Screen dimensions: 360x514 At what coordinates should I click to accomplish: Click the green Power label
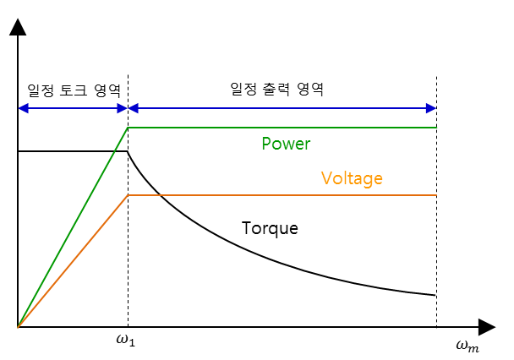pyautogui.click(x=286, y=144)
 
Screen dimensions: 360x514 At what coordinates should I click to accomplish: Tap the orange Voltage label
pyautogui.click(x=352, y=178)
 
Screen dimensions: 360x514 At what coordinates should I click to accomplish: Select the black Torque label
pyautogui.click(x=270, y=228)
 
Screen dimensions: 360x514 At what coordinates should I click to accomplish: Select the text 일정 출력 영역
pyautogui.click(x=276, y=88)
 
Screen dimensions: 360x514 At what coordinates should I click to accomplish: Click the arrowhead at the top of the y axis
pyautogui.click(x=17, y=28)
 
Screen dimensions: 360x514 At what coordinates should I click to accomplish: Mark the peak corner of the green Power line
pyautogui.click(x=128, y=128)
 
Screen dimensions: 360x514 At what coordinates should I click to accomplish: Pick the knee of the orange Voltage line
pyautogui.click(x=128, y=195)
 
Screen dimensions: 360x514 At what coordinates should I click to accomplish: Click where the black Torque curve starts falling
pyautogui.click(x=128, y=152)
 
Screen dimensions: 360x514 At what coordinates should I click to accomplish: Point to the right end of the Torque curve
pyautogui.click(x=436, y=296)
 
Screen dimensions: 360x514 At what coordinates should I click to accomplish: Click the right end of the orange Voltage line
pyautogui.click(x=436, y=195)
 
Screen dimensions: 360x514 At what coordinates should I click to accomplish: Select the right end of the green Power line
pyautogui.click(x=436, y=128)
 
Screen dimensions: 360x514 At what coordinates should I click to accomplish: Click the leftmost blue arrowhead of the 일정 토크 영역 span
pyautogui.click(x=22, y=107)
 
